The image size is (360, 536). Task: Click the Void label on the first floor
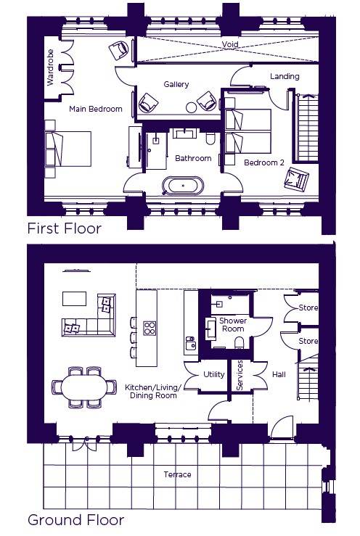230,44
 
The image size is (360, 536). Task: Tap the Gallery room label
176,84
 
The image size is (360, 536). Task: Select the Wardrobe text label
50,67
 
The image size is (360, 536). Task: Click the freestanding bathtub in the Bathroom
183,186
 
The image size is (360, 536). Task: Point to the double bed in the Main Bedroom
68,149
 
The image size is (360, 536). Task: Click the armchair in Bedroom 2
296,178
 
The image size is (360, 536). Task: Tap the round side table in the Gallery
191,107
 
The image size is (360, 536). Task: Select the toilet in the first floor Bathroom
210,139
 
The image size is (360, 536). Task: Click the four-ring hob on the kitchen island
150,328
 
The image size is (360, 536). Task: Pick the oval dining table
84,387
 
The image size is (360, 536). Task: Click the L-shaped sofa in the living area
89,316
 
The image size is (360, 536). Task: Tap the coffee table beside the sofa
74,298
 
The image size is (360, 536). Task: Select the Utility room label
214,374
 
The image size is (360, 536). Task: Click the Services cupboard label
240,375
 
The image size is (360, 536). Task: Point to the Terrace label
177,474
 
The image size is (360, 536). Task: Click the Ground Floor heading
75,520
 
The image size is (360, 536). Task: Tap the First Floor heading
65,228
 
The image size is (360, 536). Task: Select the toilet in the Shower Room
240,342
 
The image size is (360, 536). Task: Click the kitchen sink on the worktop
191,343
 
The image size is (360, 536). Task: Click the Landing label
285,76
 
